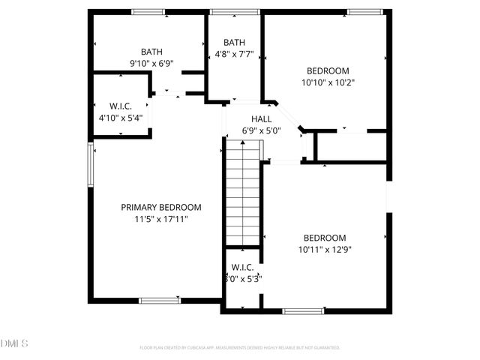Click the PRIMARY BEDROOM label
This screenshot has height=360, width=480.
(161, 207)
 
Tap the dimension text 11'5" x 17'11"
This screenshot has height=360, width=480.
(161, 219)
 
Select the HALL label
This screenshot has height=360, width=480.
(261, 119)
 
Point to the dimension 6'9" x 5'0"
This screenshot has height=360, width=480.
(261, 130)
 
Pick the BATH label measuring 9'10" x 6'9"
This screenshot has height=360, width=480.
(151, 52)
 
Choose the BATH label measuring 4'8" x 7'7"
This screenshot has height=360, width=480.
(234, 43)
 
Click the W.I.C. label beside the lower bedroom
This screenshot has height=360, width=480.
(242, 267)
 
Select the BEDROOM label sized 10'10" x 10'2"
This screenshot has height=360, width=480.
(328, 71)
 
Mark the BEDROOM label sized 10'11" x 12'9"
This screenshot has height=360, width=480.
(324, 237)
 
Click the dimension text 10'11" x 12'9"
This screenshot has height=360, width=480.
(324, 249)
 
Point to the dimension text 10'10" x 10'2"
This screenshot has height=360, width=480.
(328, 83)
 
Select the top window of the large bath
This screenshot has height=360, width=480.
(148, 11)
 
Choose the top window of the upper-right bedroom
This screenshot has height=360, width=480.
(365, 11)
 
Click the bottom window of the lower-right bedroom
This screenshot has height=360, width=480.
(303, 310)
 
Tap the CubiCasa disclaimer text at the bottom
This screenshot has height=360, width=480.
(240, 347)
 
